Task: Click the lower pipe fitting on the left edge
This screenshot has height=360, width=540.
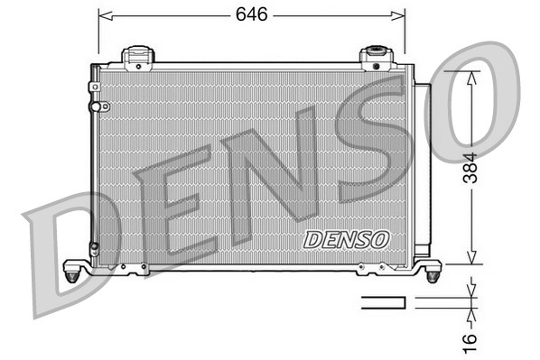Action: click(94, 247)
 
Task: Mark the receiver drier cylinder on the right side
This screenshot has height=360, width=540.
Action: click(421, 171)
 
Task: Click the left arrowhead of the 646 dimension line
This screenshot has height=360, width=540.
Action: click(103, 15)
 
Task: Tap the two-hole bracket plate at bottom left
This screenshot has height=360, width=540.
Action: click(136, 267)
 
